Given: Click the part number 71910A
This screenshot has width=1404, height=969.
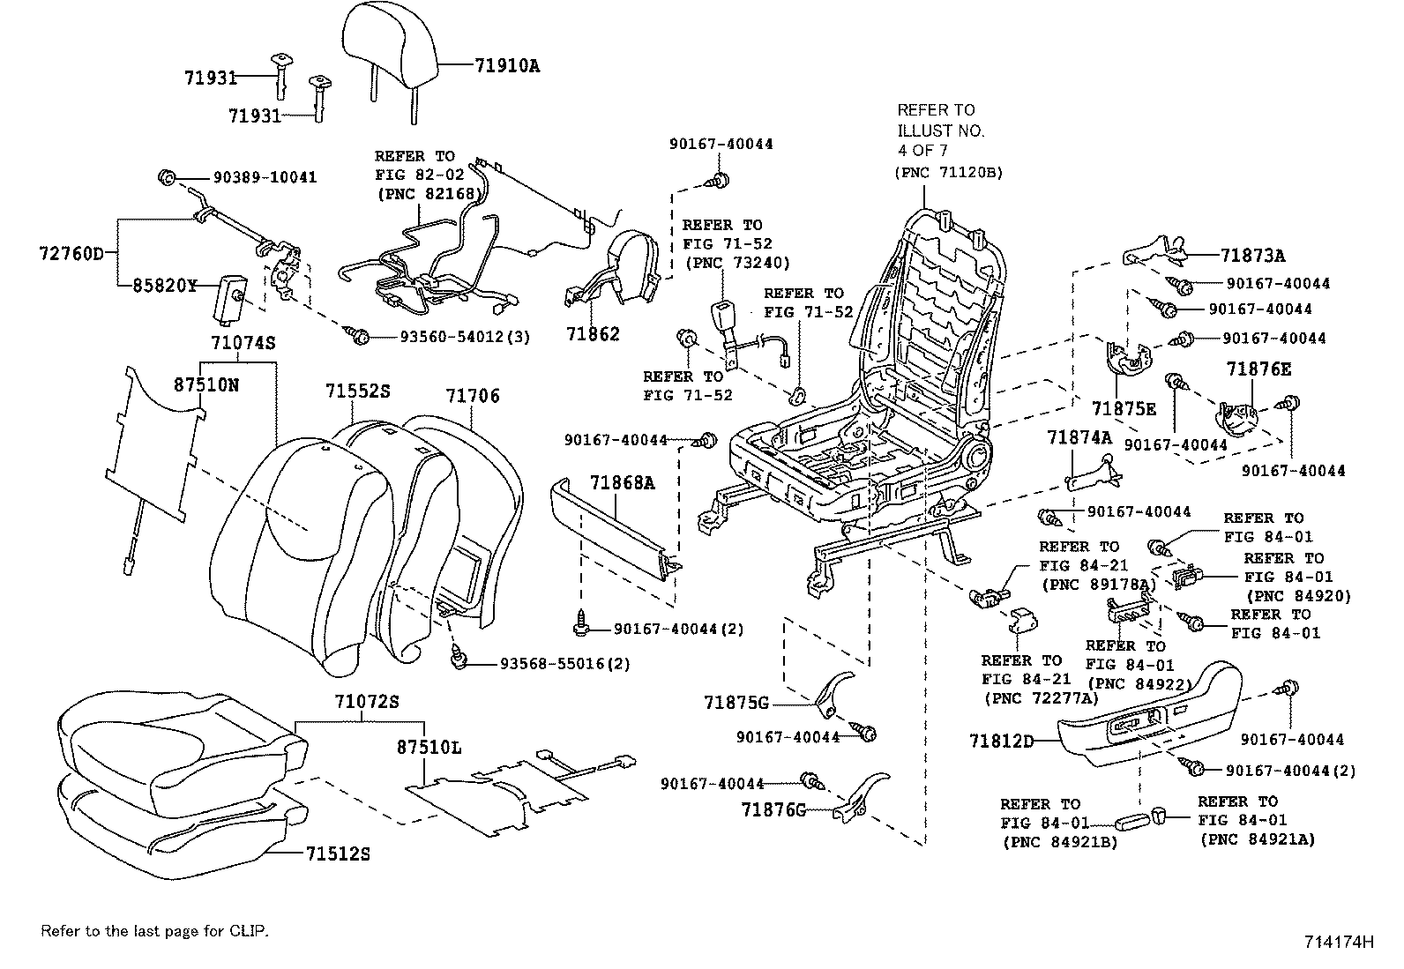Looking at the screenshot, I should pos(506,65).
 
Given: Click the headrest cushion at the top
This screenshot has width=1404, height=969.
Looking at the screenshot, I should pos(388,44).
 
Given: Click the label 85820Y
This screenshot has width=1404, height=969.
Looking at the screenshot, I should pos(165,286).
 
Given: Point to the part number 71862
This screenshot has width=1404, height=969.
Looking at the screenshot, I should pos(593,334).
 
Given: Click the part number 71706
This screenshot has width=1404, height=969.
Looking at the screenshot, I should pos(472,397).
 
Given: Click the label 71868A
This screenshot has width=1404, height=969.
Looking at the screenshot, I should pos(623,483).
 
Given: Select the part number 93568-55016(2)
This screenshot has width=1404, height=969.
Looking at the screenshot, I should pos(564,663).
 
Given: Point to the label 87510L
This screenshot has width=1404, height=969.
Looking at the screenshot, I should pos(428,748).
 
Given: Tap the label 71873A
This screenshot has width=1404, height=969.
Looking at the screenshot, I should pos(1252,256).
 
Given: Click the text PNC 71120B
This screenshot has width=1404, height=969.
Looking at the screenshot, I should pos(949,172).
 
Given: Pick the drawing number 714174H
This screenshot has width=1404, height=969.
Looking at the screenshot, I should pos(1339,941).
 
